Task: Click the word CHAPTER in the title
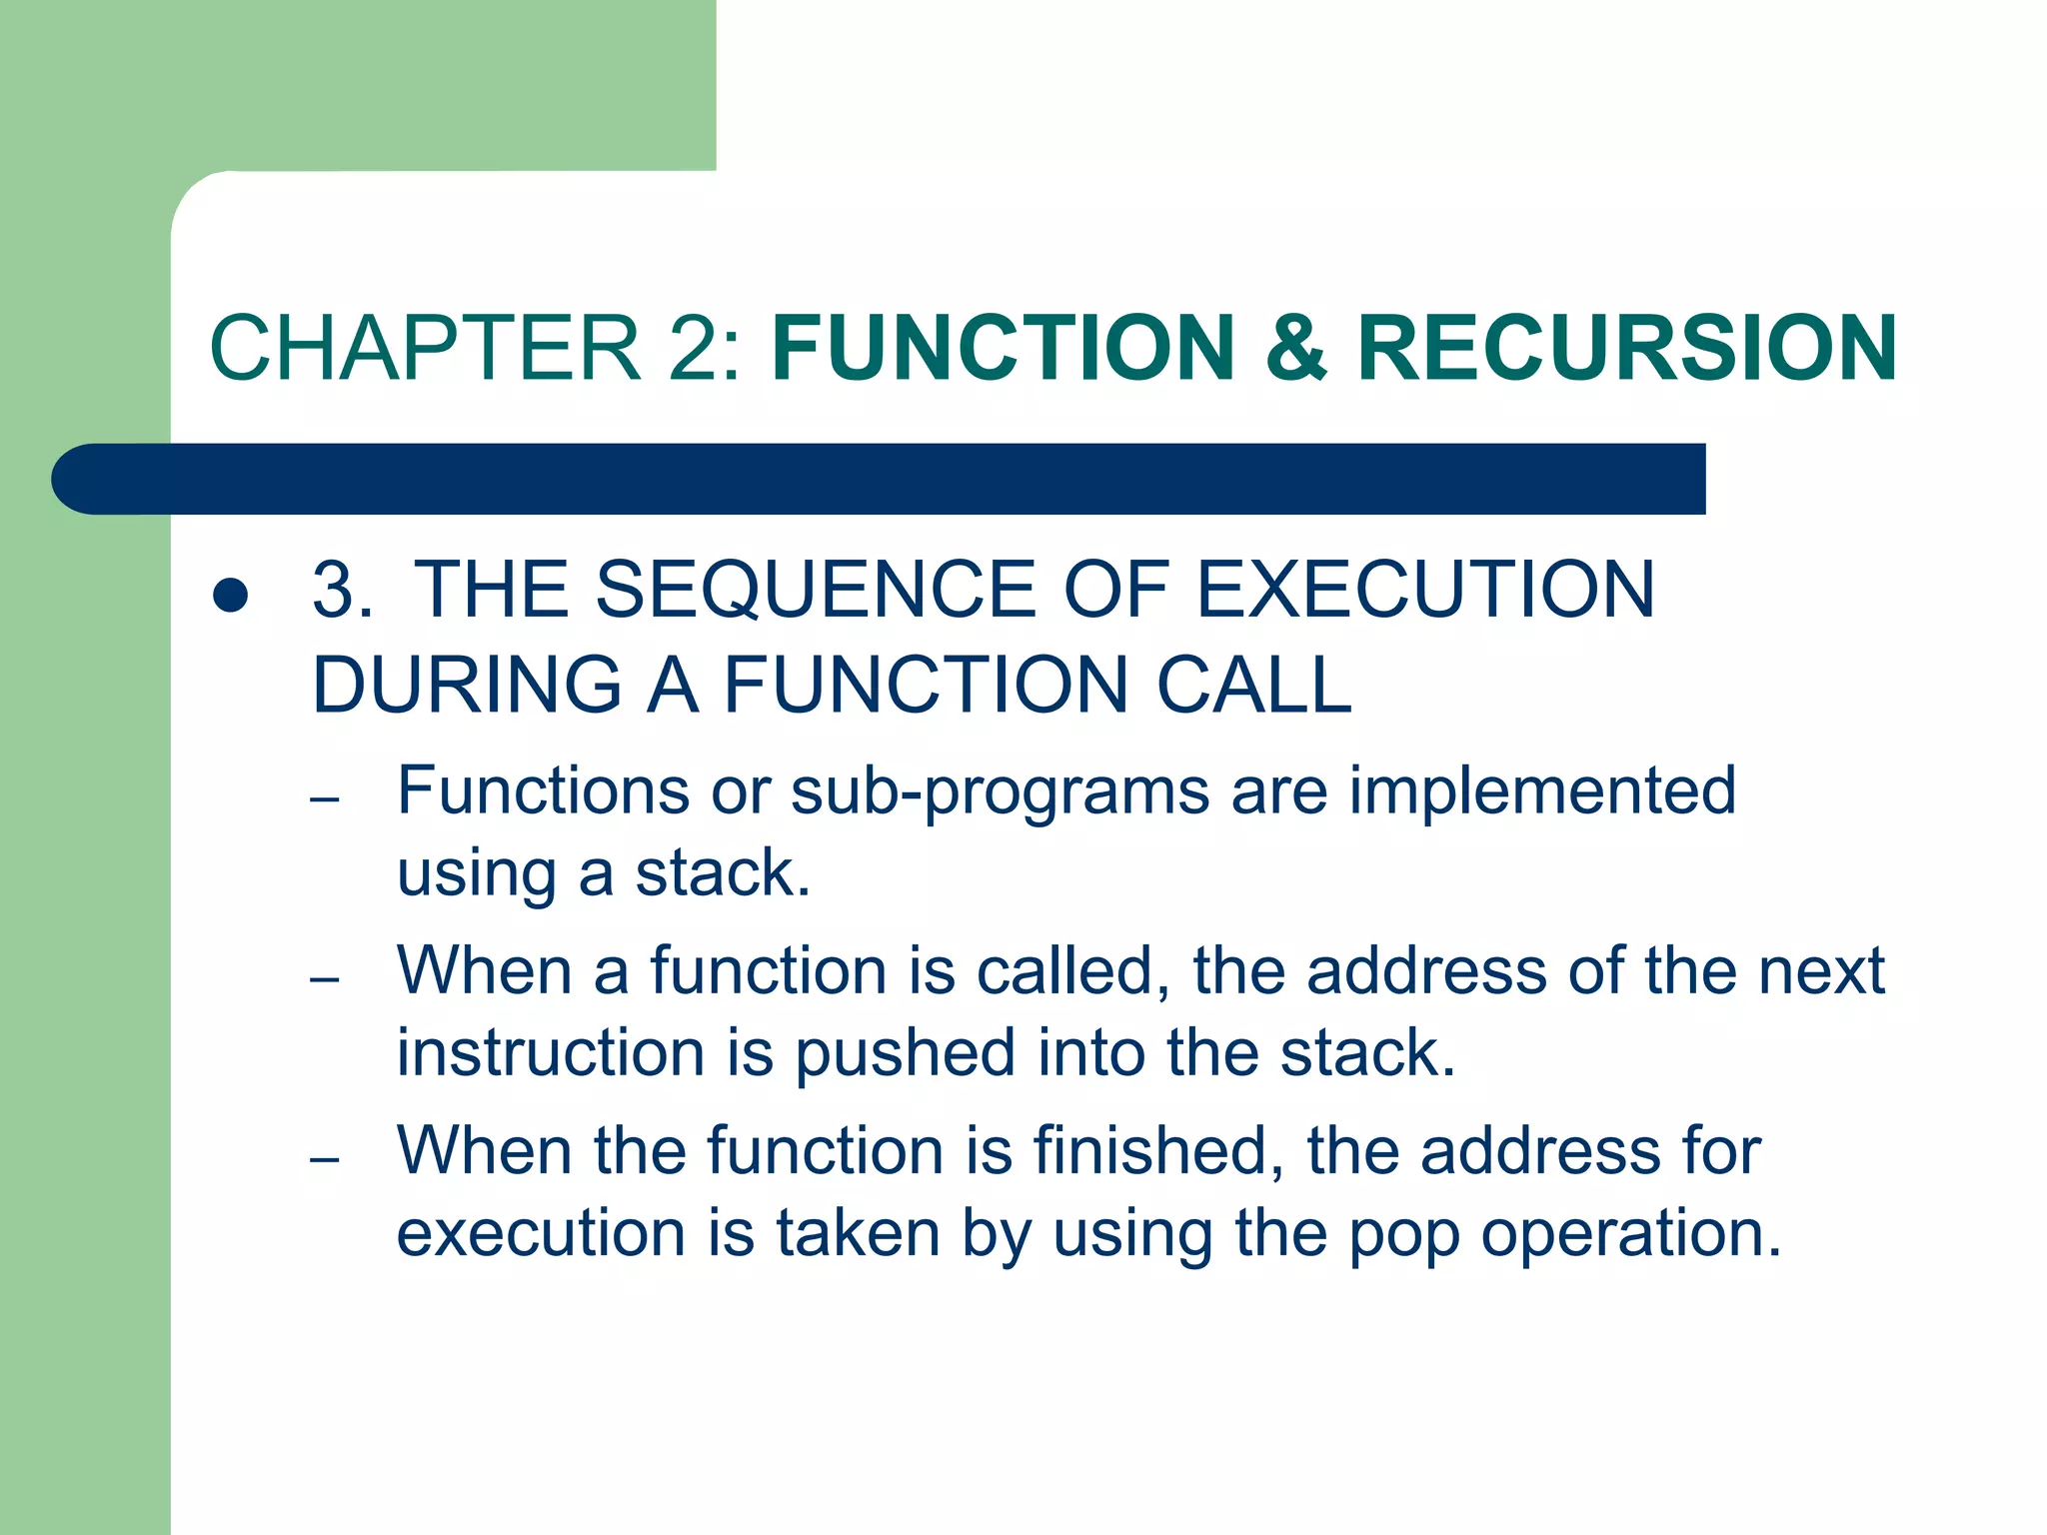coord(425,348)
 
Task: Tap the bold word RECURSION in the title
coord(1626,348)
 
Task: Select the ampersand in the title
coord(1295,348)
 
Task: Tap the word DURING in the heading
coord(467,686)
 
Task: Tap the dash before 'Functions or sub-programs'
coord(326,799)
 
